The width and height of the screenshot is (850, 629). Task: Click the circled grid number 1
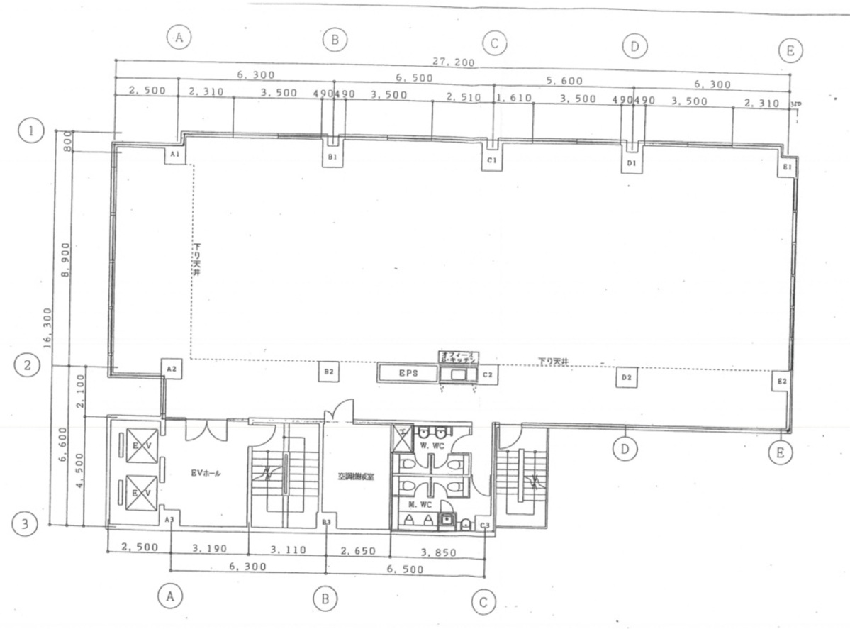31,130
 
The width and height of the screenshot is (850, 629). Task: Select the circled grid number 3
26,525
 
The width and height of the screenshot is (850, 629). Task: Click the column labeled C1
491,161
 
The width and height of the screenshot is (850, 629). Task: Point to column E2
782,382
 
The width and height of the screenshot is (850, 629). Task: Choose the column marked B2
328,371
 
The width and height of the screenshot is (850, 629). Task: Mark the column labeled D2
627,378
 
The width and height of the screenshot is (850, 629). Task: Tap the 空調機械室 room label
356,477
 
